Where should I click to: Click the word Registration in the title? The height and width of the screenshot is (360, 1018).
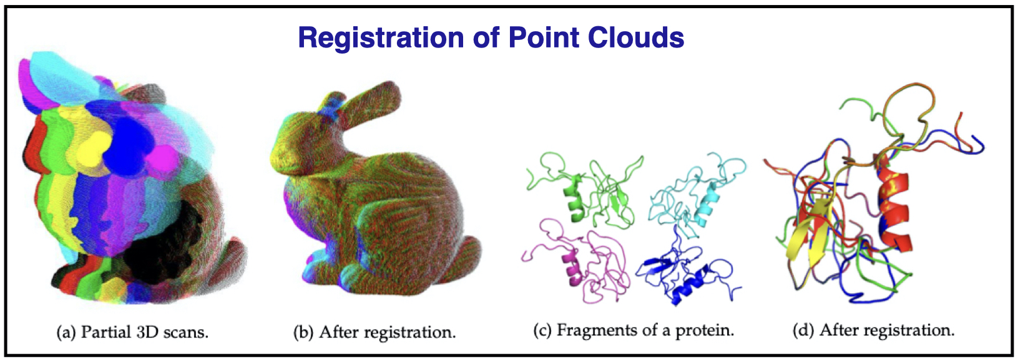[x=381, y=38]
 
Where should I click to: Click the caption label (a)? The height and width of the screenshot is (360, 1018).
[x=66, y=333]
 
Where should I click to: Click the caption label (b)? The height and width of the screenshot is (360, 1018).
[x=303, y=333]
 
